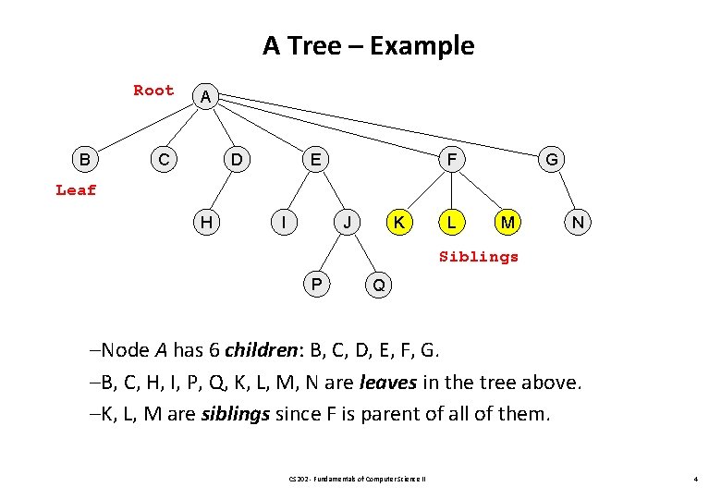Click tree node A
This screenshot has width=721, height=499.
pyautogui.click(x=205, y=96)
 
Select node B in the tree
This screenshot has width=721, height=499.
pyautogui.click(x=85, y=160)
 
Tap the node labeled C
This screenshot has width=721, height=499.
pyautogui.click(x=163, y=160)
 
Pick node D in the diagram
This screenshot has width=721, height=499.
pyautogui.click(x=238, y=160)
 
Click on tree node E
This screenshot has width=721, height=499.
pyautogui.click(x=315, y=160)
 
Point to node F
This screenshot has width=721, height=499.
pyautogui.click(x=451, y=160)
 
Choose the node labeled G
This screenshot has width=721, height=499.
pyautogui.click(x=552, y=160)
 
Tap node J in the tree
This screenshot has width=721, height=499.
pyautogui.click(x=346, y=222)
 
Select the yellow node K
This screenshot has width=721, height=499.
pyautogui.click(x=399, y=222)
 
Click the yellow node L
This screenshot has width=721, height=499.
pyautogui.click(x=450, y=222)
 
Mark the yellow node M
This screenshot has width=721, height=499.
pyautogui.click(x=506, y=222)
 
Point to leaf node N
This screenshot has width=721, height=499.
pyautogui.click(x=578, y=222)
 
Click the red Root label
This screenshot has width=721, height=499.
pyautogui.click(x=153, y=90)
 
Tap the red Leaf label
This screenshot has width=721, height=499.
pyautogui.click(x=76, y=190)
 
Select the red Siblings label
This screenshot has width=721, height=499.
pyautogui.click(x=479, y=256)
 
